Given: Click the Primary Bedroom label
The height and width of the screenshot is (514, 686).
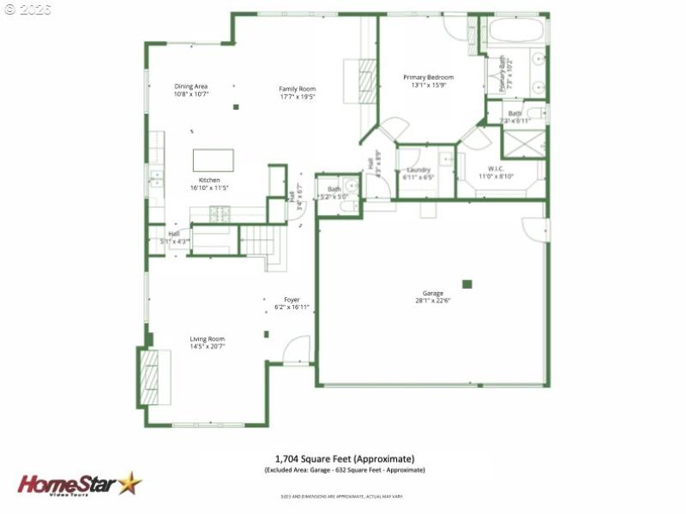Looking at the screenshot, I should [428, 77].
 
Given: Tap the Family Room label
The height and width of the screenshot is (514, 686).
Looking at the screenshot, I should [298, 89].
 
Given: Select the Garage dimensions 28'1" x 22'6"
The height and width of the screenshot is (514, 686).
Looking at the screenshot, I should [432, 301].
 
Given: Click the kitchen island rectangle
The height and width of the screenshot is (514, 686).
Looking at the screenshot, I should [213, 160].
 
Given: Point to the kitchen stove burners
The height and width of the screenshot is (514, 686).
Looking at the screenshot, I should [220, 214].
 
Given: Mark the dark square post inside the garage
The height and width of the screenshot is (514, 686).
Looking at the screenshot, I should [467, 284].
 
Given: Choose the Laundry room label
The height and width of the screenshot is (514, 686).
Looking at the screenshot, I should [418, 170].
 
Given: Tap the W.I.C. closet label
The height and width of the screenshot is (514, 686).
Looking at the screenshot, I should [501, 169].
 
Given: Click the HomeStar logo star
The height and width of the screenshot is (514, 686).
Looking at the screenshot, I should [129, 483].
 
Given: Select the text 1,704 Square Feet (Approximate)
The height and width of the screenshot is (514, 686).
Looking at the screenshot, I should [344, 458].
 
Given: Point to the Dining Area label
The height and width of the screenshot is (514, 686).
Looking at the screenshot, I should [191, 87].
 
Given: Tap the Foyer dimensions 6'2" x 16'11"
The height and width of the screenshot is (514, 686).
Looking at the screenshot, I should [292, 307].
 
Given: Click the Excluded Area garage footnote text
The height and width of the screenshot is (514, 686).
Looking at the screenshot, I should [344, 469].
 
